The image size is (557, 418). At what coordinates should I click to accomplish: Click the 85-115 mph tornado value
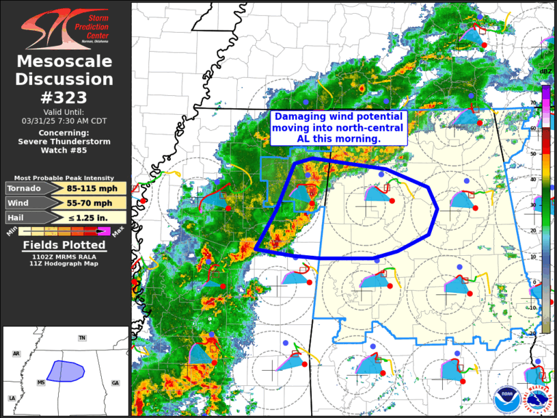point(94,188)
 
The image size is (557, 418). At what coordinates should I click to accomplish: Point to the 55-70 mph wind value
point(94,203)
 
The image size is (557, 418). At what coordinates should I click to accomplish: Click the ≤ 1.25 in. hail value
point(94,218)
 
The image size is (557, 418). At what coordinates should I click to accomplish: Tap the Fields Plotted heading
point(64,246)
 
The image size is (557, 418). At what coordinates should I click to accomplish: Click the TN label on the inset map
point(82,338)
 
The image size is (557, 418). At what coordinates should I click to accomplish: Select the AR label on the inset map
point(16,354)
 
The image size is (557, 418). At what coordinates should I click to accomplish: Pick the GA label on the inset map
point(115,383)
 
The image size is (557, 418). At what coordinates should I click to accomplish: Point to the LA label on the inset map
point(12,398)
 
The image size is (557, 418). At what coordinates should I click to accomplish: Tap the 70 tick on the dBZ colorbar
point(552,103)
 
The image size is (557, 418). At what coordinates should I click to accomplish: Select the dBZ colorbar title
point(546,72)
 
